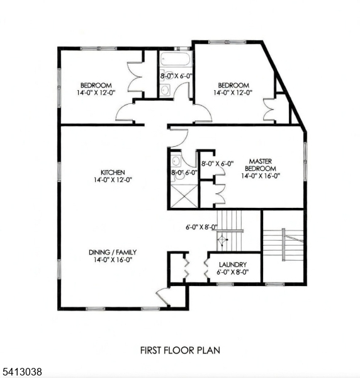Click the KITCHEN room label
113,173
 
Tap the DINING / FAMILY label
113,253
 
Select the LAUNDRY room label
233,265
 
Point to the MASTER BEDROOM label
261,165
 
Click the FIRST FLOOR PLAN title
180,350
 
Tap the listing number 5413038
21,372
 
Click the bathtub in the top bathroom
176,59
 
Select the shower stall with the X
184,196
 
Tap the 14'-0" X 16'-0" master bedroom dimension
261,176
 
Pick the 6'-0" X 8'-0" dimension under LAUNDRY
233,272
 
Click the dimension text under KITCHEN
113,180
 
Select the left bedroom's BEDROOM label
96,85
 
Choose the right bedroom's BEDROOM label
233,85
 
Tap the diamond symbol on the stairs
222,240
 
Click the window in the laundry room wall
225,284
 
